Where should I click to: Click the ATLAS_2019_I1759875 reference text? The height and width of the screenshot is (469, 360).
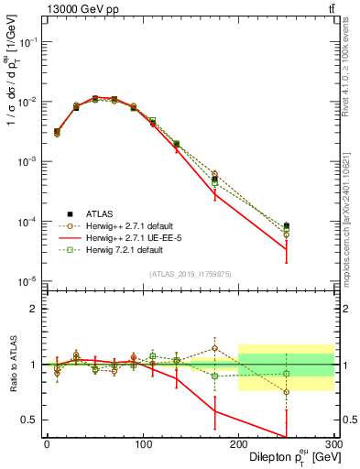(191, 273)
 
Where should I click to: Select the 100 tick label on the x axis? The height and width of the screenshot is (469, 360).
(143, 443)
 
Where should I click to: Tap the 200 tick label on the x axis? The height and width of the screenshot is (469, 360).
(238, 443)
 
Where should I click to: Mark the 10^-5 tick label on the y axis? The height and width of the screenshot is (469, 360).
(27, 281)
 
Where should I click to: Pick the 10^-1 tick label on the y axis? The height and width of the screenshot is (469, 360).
(27, 42)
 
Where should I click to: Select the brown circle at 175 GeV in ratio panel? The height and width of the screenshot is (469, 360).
(214, 348)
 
